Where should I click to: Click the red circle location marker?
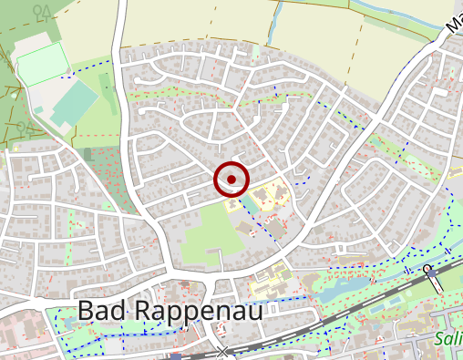231,180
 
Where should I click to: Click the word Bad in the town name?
101,311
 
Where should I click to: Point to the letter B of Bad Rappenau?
86,311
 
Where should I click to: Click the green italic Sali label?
448,339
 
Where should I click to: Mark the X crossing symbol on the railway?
223,351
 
